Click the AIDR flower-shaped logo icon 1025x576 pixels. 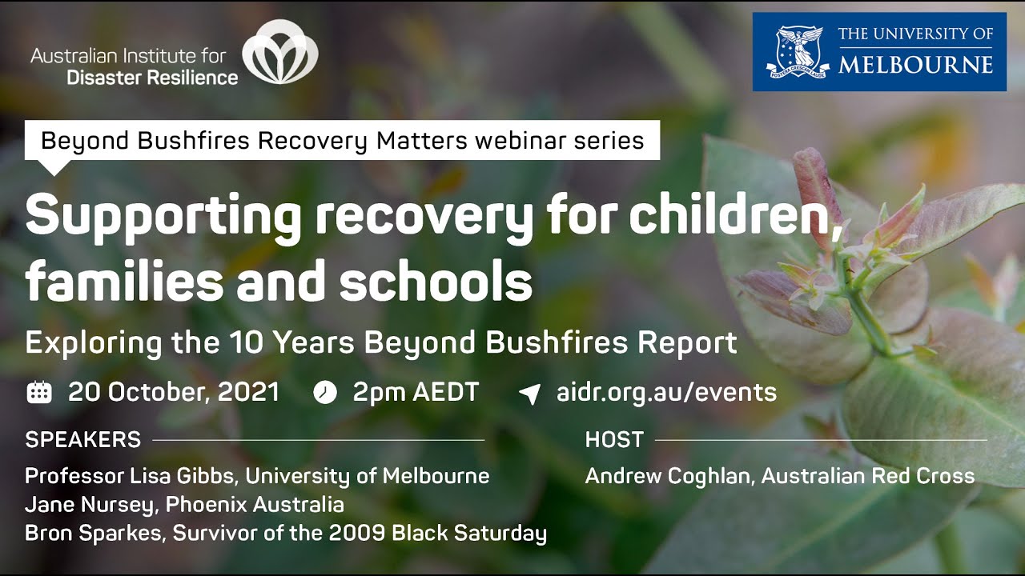(x=280, y=54)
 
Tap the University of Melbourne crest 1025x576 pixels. (x=795, y=52)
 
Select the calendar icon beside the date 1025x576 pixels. (x=39, y=392)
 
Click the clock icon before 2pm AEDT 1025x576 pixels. (x=324, y=392)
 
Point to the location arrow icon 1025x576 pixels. (x=529, y=393)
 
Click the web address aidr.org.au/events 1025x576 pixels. (x=666, y=392)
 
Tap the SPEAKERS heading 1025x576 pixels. (x=82, y=440)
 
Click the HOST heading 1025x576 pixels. (x=614, y=440)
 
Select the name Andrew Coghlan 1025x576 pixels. (x=669, y=476)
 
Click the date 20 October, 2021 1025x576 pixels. (x=174, y=392)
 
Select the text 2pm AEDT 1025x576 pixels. (x=416, y=392)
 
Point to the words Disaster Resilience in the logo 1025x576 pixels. (x=152, y=78)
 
